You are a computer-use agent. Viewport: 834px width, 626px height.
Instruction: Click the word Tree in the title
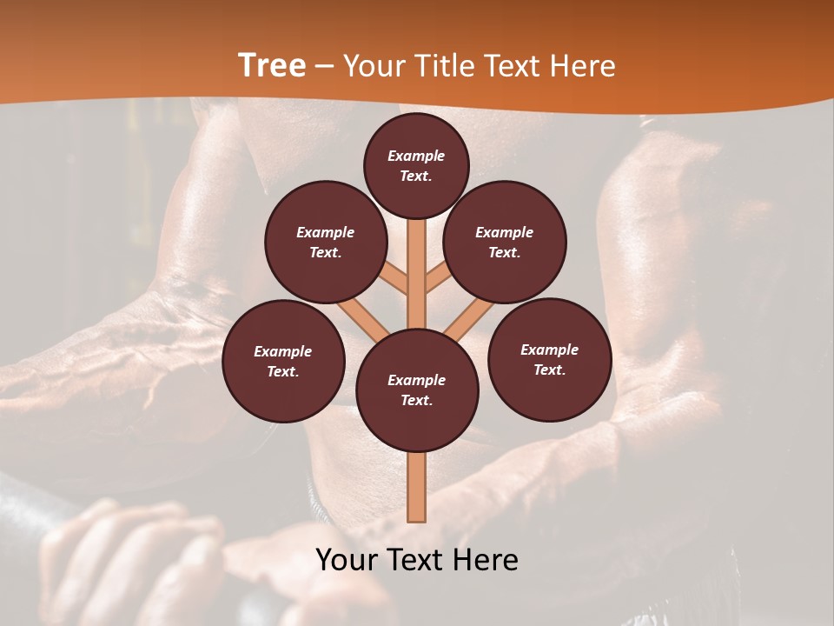point(272,66)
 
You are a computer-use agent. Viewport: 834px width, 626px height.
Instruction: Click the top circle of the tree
point(416,165)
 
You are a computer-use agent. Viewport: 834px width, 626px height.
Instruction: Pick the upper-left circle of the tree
point(326,243)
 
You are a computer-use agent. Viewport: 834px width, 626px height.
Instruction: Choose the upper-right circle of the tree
point(505,243)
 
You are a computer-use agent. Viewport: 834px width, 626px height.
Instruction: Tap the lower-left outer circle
point(283,361)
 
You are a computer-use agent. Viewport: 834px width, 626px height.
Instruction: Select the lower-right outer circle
point(549,359)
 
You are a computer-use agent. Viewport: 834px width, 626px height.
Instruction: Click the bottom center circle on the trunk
point(416,390)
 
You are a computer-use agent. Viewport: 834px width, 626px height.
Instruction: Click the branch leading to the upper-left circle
point(396,280)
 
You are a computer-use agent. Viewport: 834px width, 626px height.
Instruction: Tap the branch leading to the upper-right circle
point(437,280)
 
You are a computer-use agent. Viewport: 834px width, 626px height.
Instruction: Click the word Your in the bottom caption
point(345,560)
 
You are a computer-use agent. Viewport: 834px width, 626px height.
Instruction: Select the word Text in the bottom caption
point(414,560)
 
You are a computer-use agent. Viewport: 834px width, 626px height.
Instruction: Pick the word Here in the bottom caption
point(486,560)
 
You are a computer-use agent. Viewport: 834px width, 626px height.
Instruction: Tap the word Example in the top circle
point(416,156)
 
